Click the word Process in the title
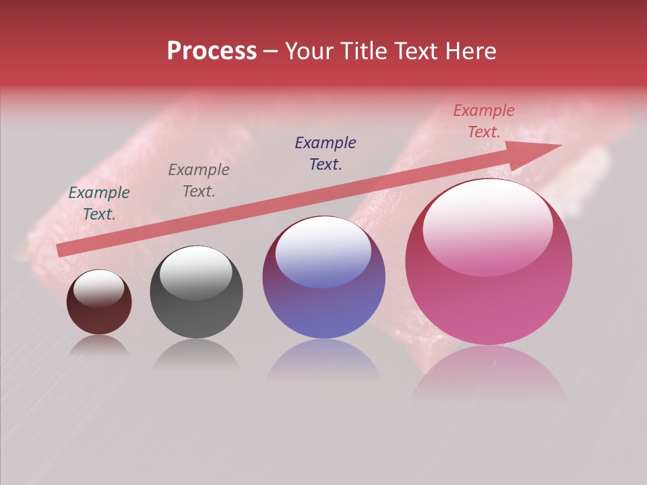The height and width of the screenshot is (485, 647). [212, 51]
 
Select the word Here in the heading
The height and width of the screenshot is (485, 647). [470, 51]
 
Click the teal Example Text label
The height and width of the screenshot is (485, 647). [99, 203]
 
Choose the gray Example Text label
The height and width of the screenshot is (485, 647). [199, 181]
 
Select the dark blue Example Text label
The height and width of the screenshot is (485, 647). [326, 153]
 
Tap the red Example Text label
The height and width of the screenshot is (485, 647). [484, 121]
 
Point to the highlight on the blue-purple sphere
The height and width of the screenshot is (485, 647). [323, 253]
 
